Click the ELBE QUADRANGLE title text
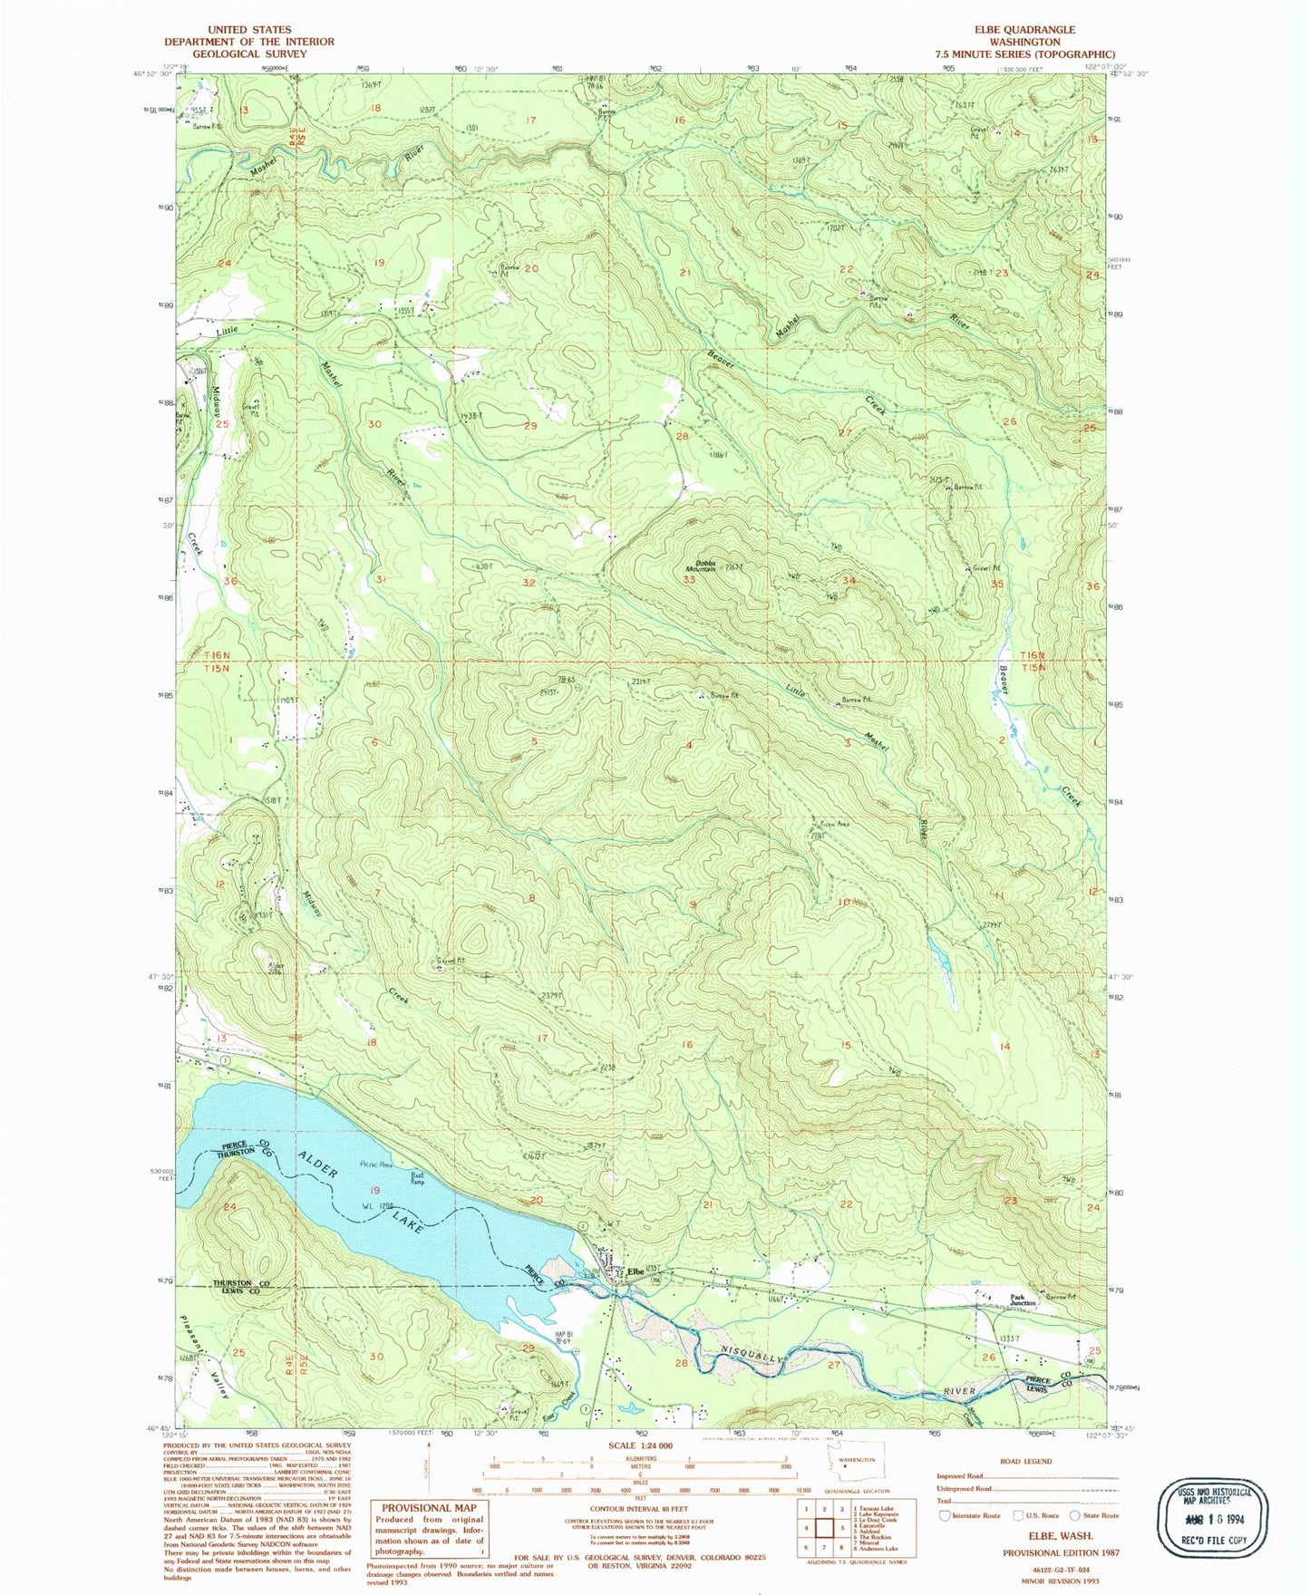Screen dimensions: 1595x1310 click(x=1024, y=30)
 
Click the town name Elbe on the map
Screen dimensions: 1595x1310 click(x=636, y=1271)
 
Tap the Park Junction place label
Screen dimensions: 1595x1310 click(x=1023, y=1300)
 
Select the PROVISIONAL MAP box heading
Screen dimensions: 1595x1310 click(x=429, y=1508)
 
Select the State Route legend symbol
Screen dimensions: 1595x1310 click(x=1075, y=1515)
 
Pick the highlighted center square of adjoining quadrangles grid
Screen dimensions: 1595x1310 click(x=824, y=1529)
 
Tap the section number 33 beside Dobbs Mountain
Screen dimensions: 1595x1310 click(x=689, y=580)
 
